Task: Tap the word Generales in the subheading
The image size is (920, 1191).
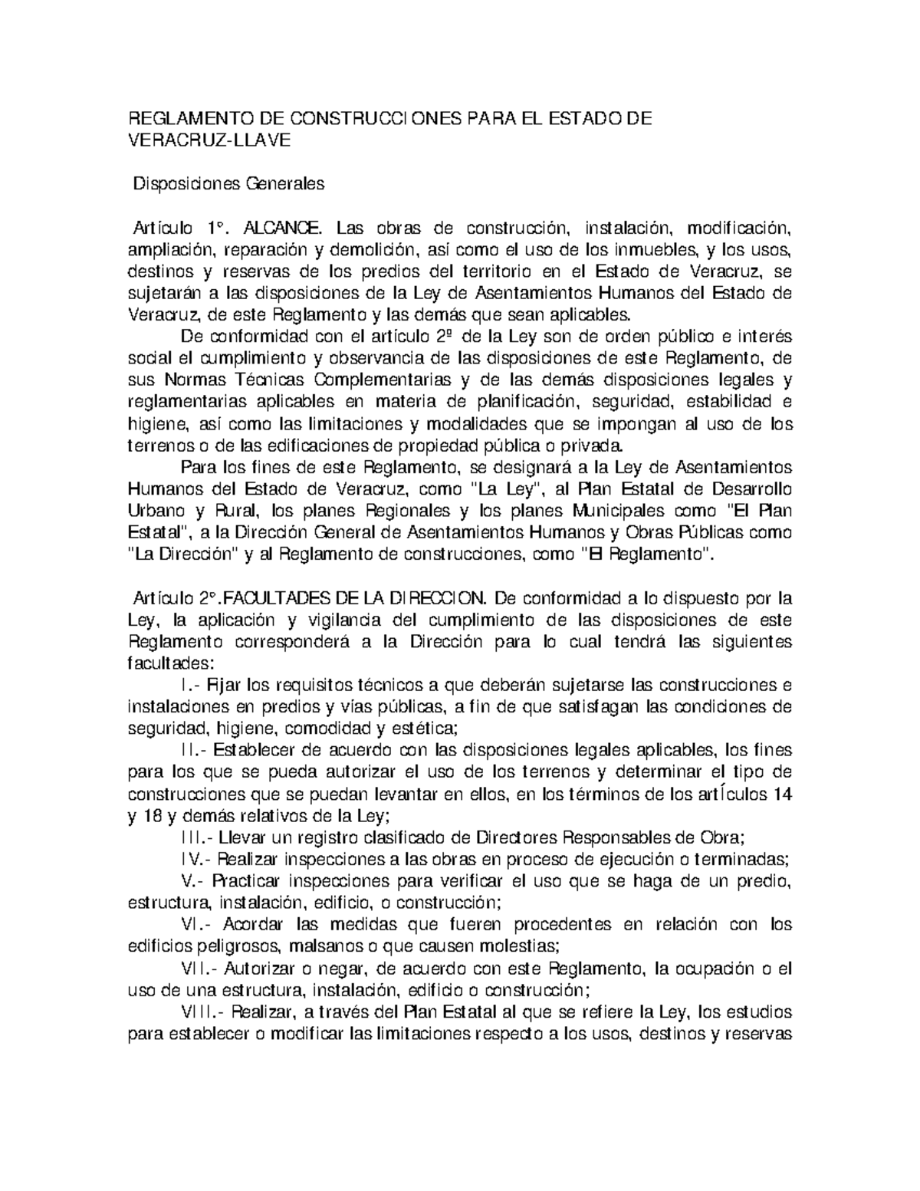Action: coord(284,184)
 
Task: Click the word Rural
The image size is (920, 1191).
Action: coord(240,511)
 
